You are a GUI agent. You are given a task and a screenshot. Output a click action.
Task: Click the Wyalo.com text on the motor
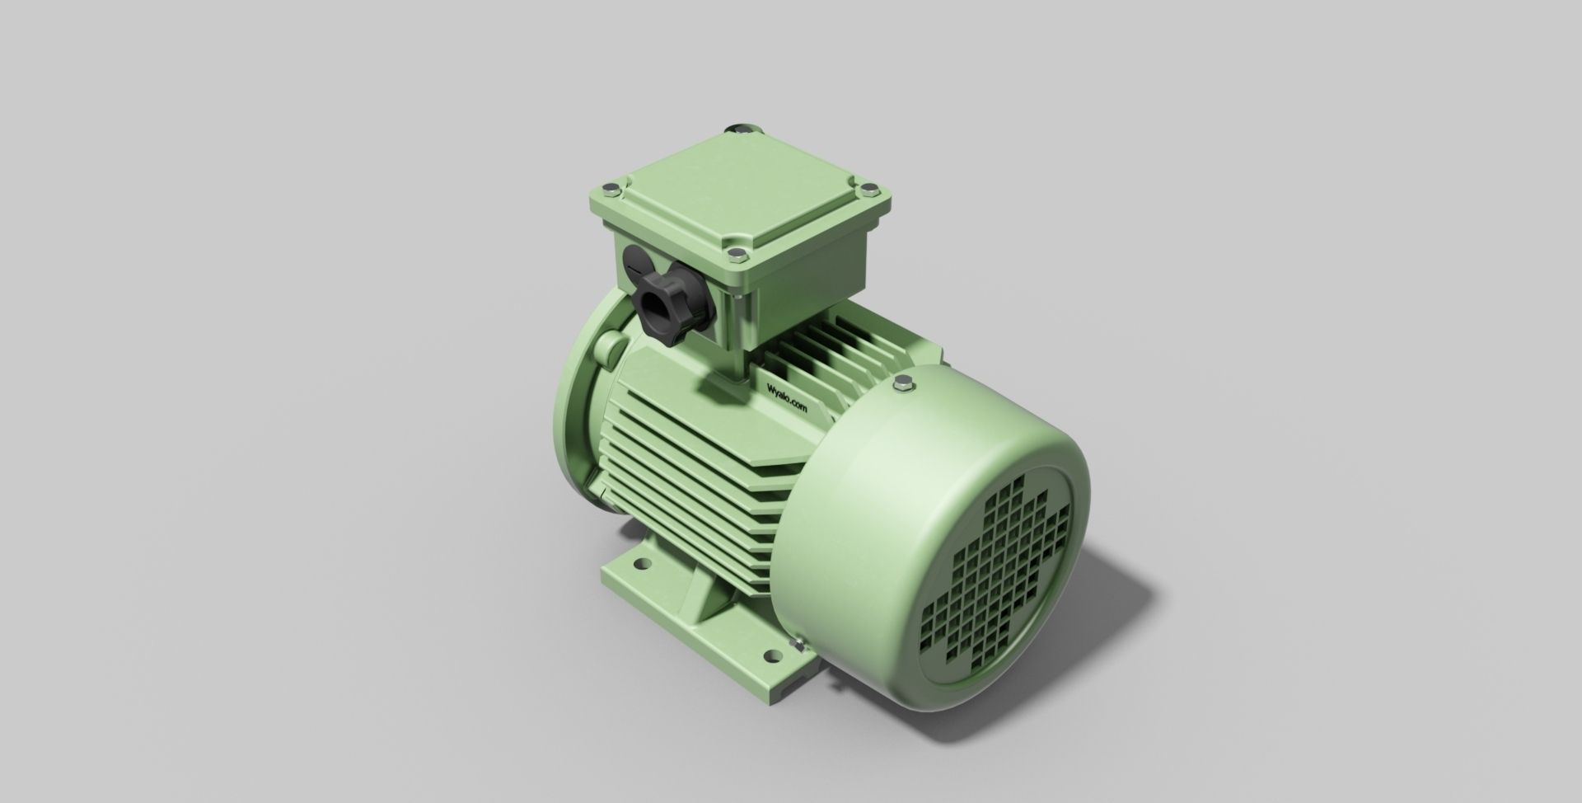788,399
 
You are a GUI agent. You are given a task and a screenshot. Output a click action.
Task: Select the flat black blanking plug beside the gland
635,264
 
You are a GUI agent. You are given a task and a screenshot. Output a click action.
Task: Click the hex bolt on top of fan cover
905,384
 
